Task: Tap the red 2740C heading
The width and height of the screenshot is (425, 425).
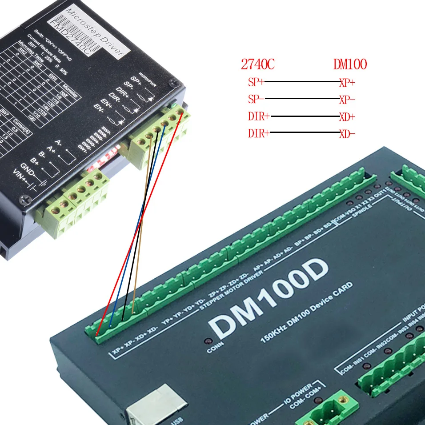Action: [258, 64]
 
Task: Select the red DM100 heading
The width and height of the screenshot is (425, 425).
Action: [350, 64]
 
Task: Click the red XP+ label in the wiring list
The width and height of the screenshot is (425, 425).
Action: [347, 82]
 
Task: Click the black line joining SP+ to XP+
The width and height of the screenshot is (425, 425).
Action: [302, 82]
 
